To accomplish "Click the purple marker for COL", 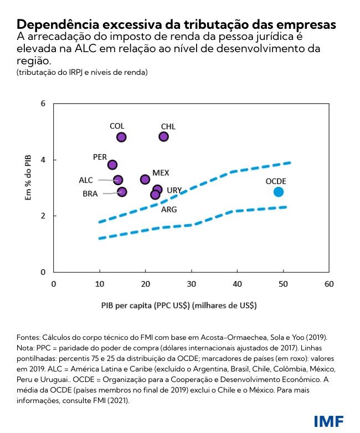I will click(121, 137).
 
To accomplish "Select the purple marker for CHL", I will click(164, 136).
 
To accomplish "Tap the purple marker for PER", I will click(112, 165).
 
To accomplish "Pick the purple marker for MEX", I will click(145, 179).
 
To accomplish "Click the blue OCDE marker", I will click(279, 192).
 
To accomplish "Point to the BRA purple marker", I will click(122, 192).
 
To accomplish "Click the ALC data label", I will click(86, 180).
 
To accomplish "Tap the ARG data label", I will click(169, 210).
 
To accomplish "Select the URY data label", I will click(174, 190).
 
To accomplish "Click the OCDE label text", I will click(276, 181).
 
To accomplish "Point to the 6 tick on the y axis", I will click(42, 104).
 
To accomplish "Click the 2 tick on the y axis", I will click(42, 216).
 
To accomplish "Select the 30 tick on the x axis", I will click(192, 284).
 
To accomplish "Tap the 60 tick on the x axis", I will click(329, 284).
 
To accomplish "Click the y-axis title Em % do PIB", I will click(28, 176).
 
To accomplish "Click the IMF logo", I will click(328, 420).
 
